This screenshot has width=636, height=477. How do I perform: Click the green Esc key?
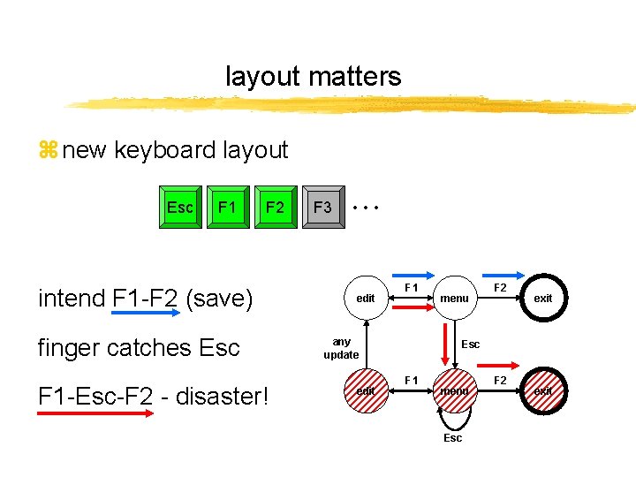pos(180,208)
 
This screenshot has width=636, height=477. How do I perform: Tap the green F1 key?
pos(228,208)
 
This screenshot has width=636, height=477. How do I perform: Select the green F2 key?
pos(276,208)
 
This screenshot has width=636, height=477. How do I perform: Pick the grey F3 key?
pos(323,208)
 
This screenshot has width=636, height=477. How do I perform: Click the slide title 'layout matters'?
pos(313,77)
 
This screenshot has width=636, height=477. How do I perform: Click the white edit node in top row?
pos(366,299)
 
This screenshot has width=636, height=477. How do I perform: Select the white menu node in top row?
pos(455,299)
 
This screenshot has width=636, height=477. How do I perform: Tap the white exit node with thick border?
pos(542,299)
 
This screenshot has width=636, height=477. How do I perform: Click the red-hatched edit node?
pos(366,390)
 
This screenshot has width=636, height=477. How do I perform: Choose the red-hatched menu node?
pos(455,390)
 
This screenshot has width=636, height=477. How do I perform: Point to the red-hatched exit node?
pos(542,390)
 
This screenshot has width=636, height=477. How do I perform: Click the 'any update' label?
pos(341,348)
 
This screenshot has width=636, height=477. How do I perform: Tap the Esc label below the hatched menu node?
pos(452,438)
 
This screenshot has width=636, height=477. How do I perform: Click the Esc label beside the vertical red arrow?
pos(471,344)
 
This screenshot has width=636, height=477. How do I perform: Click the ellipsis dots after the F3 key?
pos(364,208)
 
